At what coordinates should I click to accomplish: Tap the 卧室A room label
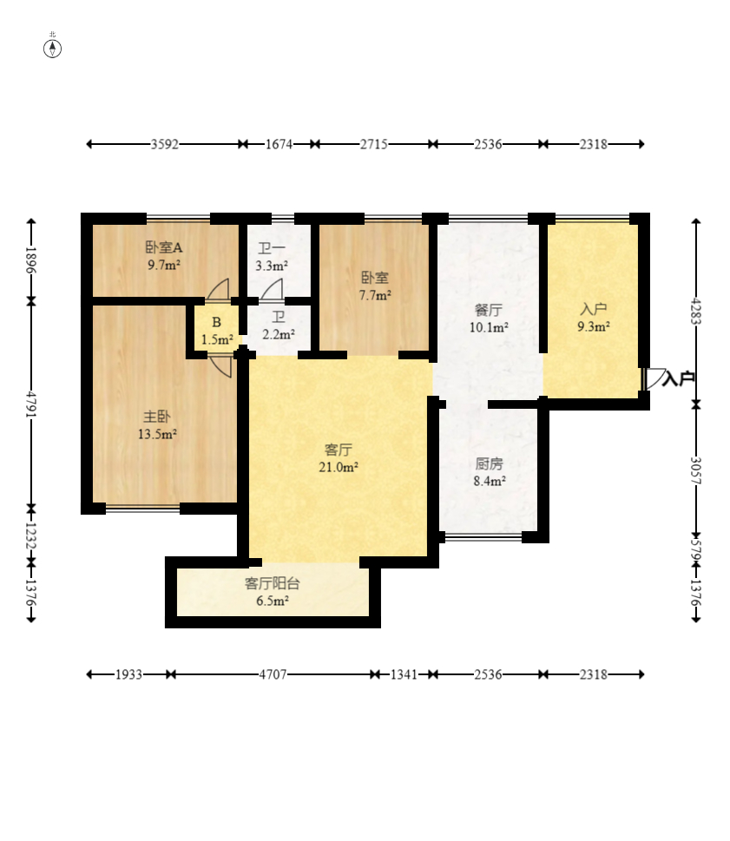(164, 247)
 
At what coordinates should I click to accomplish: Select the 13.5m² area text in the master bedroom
(157, 435)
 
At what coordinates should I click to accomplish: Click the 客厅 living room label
(338, 450)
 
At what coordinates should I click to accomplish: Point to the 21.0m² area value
(338, 467)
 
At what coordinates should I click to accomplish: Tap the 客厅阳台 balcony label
(273, 583)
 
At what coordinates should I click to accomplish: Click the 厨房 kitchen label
(489, 463)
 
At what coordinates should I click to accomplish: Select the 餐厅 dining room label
(488, 310)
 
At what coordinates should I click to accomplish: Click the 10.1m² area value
(489, 327)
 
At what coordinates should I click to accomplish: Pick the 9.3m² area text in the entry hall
(593, 326)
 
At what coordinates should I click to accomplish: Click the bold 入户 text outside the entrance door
(678, 379)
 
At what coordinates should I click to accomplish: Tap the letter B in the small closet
(217, 322)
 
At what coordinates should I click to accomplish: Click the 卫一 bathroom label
(272, 248)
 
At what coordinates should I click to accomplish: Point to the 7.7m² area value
(375, 295)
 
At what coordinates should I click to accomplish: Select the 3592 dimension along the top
(164, 144)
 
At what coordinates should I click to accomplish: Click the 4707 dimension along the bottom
(273, 674)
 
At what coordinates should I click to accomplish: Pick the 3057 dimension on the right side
(695, 470)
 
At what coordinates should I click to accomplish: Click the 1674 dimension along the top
(279, 144)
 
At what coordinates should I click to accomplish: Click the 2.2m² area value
(279, 335)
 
